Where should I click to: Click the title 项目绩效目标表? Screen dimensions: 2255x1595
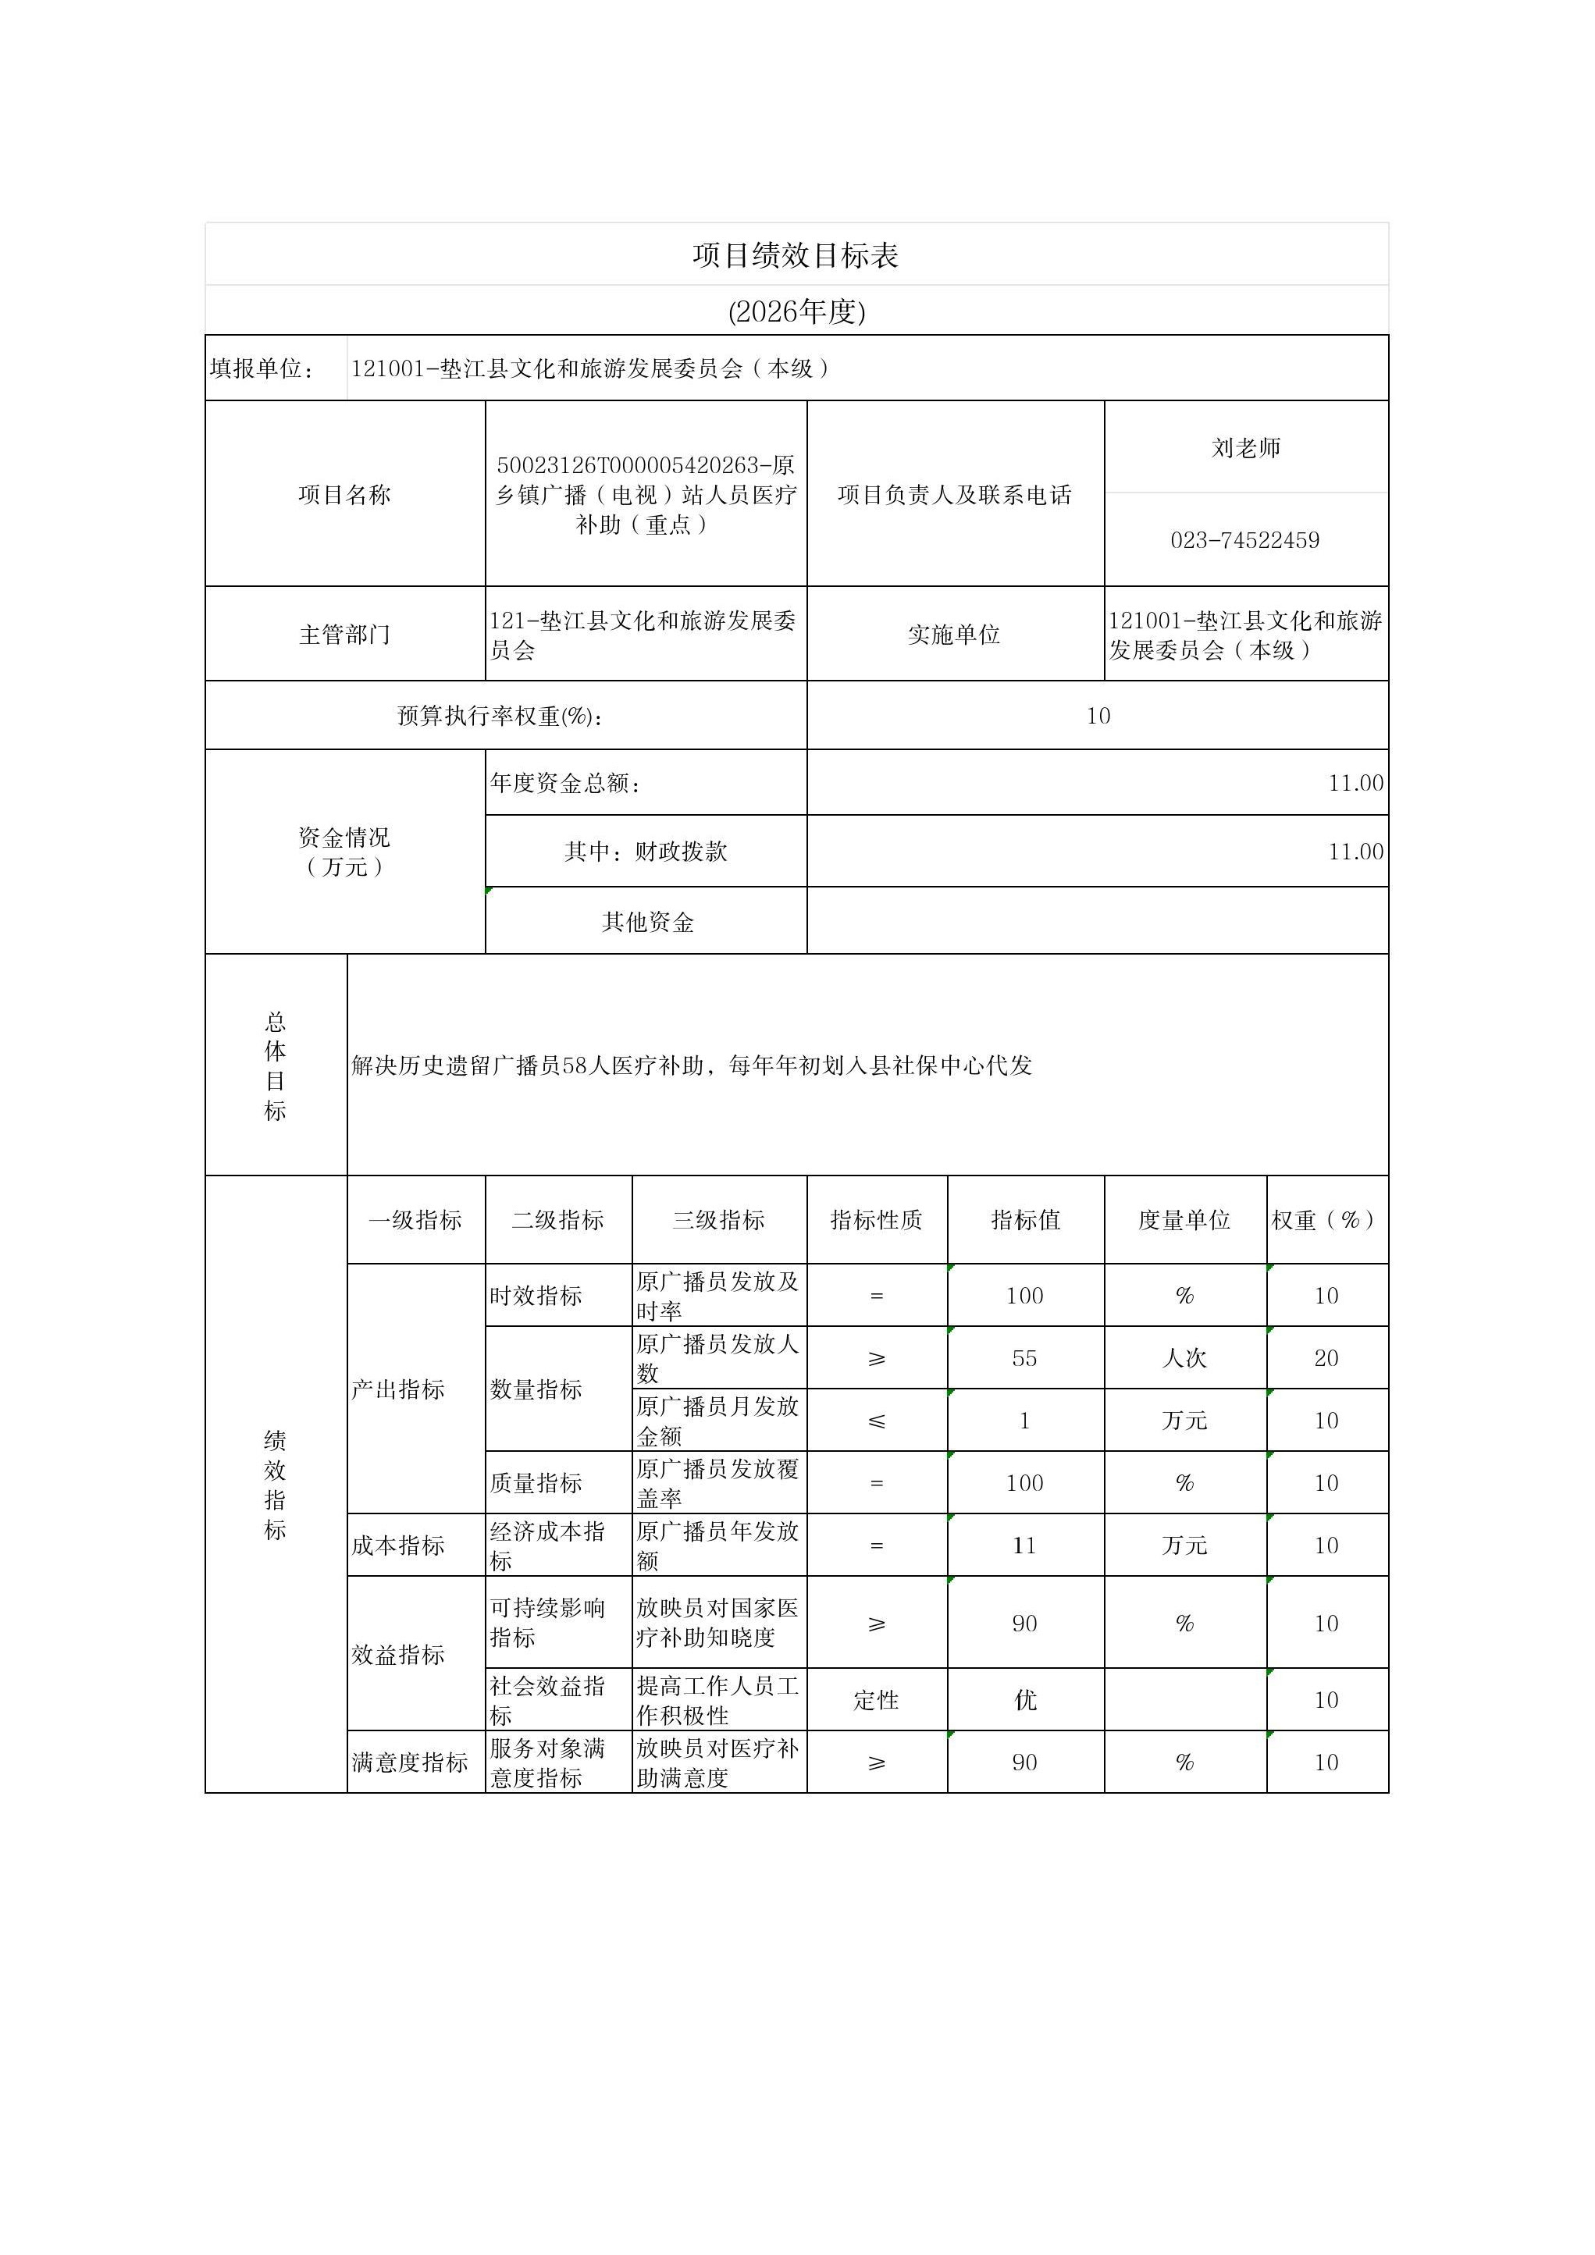796,255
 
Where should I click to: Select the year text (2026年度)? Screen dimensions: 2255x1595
796,311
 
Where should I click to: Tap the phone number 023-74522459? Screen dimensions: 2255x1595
1244,540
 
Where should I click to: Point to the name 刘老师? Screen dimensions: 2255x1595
1245,448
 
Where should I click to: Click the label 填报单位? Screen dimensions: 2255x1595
262,368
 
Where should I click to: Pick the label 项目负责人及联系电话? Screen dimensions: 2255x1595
954,495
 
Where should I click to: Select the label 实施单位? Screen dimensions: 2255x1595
954,635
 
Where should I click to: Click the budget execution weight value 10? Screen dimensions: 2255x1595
1098,716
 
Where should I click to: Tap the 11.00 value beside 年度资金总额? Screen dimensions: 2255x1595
1355,783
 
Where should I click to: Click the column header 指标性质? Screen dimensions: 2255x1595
876,1220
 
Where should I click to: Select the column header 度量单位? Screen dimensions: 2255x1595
1184,1220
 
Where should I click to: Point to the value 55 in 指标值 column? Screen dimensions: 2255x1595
1024,1358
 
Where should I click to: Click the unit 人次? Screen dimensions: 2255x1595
1184,1358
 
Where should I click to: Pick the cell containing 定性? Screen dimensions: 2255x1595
876,1700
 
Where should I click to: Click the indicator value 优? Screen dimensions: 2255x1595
1024,1700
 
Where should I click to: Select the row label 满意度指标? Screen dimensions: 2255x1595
410,1763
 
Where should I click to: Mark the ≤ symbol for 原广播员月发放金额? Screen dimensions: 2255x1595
876,1421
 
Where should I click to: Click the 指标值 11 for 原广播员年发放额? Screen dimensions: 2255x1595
1024,1546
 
